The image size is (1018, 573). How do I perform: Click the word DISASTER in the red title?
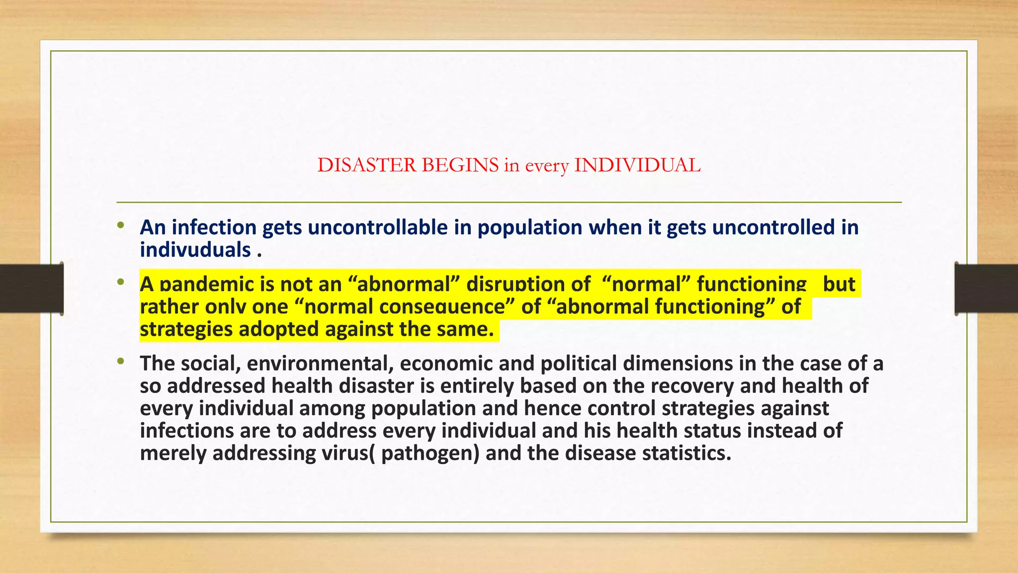tap(366, 165)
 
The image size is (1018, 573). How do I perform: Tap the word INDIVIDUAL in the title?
tap(637, 165)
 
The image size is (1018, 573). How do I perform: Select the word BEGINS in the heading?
tap(460, 165)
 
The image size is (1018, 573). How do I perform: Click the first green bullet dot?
tap(120, 226)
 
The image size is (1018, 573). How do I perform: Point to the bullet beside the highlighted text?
tap(120, 283)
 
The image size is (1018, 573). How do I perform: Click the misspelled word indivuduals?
tap(195, 250)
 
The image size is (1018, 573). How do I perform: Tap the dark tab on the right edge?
tap(986, 288)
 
